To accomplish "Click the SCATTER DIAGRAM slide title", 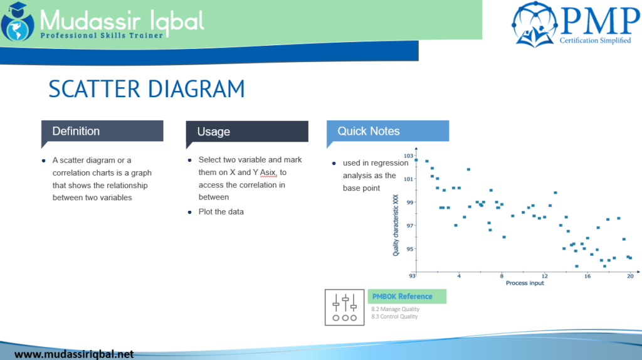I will tap(146, 88).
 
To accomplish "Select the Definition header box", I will tap(102, 131).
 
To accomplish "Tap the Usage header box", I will tap(247, 131).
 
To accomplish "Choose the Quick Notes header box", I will tap(387, 131).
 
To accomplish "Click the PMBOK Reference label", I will tap(402, 297).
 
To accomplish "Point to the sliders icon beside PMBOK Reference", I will tap(344, 307).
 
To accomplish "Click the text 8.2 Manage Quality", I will tap(395, 309).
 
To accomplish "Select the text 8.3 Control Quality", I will tap(394, 317).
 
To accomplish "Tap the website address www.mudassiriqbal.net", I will tap(74, 354).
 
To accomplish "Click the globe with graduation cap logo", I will tap(18, 23).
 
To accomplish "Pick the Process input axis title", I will tap(525, 283).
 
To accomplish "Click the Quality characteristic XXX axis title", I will tap(396, 225).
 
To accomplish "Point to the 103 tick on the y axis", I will tap(408, 156).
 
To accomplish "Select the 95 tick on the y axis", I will tap(409, 249).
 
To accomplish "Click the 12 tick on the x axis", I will tap(544, 276).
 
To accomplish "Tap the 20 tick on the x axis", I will tap(630, 276).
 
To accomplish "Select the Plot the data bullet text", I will tap(221, 211).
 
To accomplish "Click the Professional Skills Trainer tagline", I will tap(102, 36).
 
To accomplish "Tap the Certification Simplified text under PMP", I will tap(595, 41).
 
